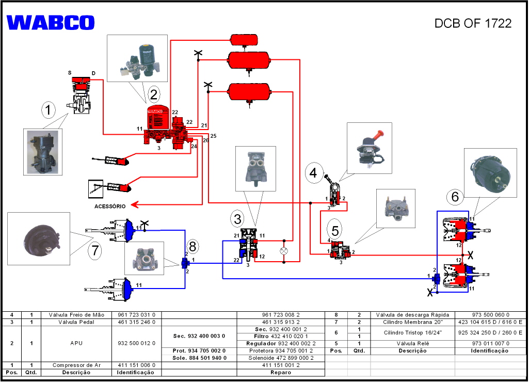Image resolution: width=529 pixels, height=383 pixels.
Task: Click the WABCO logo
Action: point(51,23)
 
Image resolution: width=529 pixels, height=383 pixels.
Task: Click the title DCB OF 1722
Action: point(473,23)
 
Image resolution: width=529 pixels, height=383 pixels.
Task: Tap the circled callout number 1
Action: point(48,109)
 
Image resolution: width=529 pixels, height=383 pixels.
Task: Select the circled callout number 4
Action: point(313,173)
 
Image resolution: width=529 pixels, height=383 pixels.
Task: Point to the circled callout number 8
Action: point(193,246)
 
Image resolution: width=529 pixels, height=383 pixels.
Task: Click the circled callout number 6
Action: point(455,196)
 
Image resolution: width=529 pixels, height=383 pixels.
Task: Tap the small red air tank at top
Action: point(244,40)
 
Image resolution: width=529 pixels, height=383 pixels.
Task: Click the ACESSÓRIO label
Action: point(110,206)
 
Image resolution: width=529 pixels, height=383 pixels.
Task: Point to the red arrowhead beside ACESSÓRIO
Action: point(134,204)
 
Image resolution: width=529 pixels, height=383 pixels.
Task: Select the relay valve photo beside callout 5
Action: point(396,209)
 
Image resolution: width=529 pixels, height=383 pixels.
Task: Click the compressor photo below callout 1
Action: point(42,152)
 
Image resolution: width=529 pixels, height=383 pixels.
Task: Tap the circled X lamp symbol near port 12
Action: point(284,251)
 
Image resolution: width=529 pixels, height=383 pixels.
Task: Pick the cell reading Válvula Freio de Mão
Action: point(76,315)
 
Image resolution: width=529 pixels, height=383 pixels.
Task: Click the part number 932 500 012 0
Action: point(137,343)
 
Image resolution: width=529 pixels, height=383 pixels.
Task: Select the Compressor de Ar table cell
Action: point(76,365)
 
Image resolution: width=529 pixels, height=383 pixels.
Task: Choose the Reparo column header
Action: point(281,373)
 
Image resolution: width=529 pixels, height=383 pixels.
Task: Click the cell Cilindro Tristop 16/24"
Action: point(412,333)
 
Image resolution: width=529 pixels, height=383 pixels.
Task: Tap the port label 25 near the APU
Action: point(213,136)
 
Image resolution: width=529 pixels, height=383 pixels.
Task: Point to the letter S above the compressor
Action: point(70,73)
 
